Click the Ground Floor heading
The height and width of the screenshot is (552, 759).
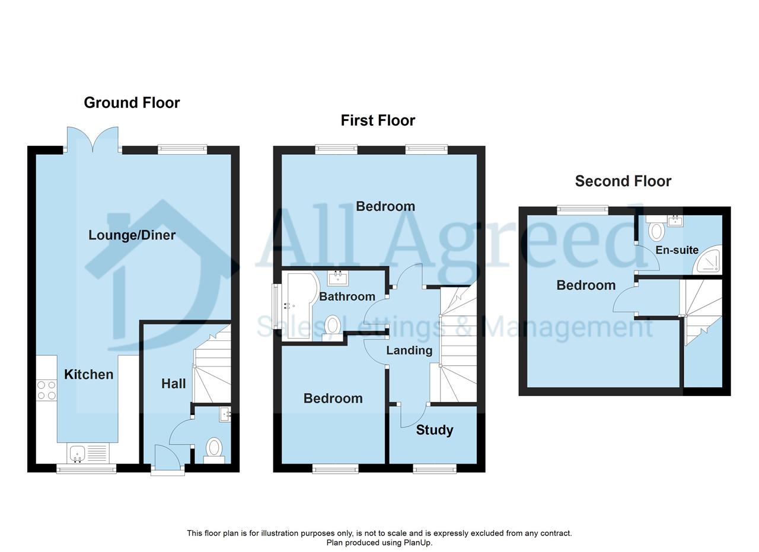point(132,103)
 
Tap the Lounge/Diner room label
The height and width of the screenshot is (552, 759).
point(132,235)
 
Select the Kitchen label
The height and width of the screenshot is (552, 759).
point(89,375)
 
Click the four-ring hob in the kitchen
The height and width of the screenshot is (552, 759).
point(47,390)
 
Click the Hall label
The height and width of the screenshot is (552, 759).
point(174,384)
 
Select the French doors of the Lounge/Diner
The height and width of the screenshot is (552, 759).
point(93,139)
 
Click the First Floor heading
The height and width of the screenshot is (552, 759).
point(378,120)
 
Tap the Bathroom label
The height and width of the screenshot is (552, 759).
point(347,296)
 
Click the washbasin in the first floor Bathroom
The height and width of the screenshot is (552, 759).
point(338,278)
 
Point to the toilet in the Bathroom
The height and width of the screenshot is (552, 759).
point(332,328)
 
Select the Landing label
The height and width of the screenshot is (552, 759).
point(409,350)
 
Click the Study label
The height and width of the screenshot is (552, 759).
point(435,430)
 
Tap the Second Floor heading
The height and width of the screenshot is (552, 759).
point(623,181)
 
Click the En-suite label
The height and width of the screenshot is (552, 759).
point(677,250)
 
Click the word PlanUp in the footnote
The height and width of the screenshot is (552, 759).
point(417,543)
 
